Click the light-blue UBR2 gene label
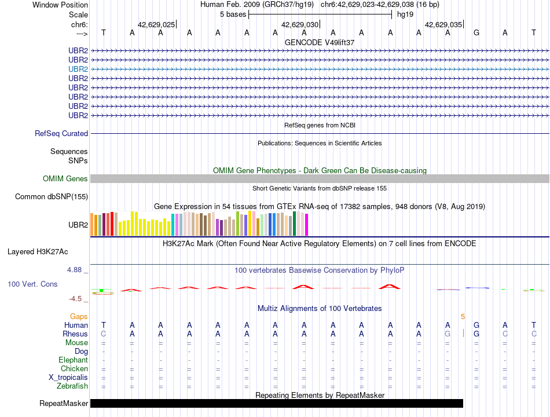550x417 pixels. tap(78, 69)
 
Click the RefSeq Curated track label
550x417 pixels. tap(61, 133)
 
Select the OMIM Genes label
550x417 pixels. tap(65, 178)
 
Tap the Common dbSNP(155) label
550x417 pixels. tap(52, 196)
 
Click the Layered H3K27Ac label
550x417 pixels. tap(38, 252)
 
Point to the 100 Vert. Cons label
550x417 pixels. tap(32, 284)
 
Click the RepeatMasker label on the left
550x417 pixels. tap(64, 403)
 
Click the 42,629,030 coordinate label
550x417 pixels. tap(300, 24)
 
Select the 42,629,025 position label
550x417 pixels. tap(156, 24)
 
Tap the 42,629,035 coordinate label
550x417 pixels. tap(443, 24)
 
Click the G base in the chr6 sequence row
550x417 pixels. tap(476, 32)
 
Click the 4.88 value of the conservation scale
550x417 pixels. tap(74, 269)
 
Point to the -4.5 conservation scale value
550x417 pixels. tap(75, 299)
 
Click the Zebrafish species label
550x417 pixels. tap(72, 386)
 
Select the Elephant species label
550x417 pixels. tap(74, 360)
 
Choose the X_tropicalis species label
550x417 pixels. tap(68, 378)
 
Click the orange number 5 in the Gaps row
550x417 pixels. tap(463, 317)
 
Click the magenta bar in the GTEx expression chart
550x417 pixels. tap(307, 225)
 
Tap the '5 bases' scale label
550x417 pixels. tap(233, 14)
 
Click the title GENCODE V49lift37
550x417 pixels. tap(320, 42)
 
